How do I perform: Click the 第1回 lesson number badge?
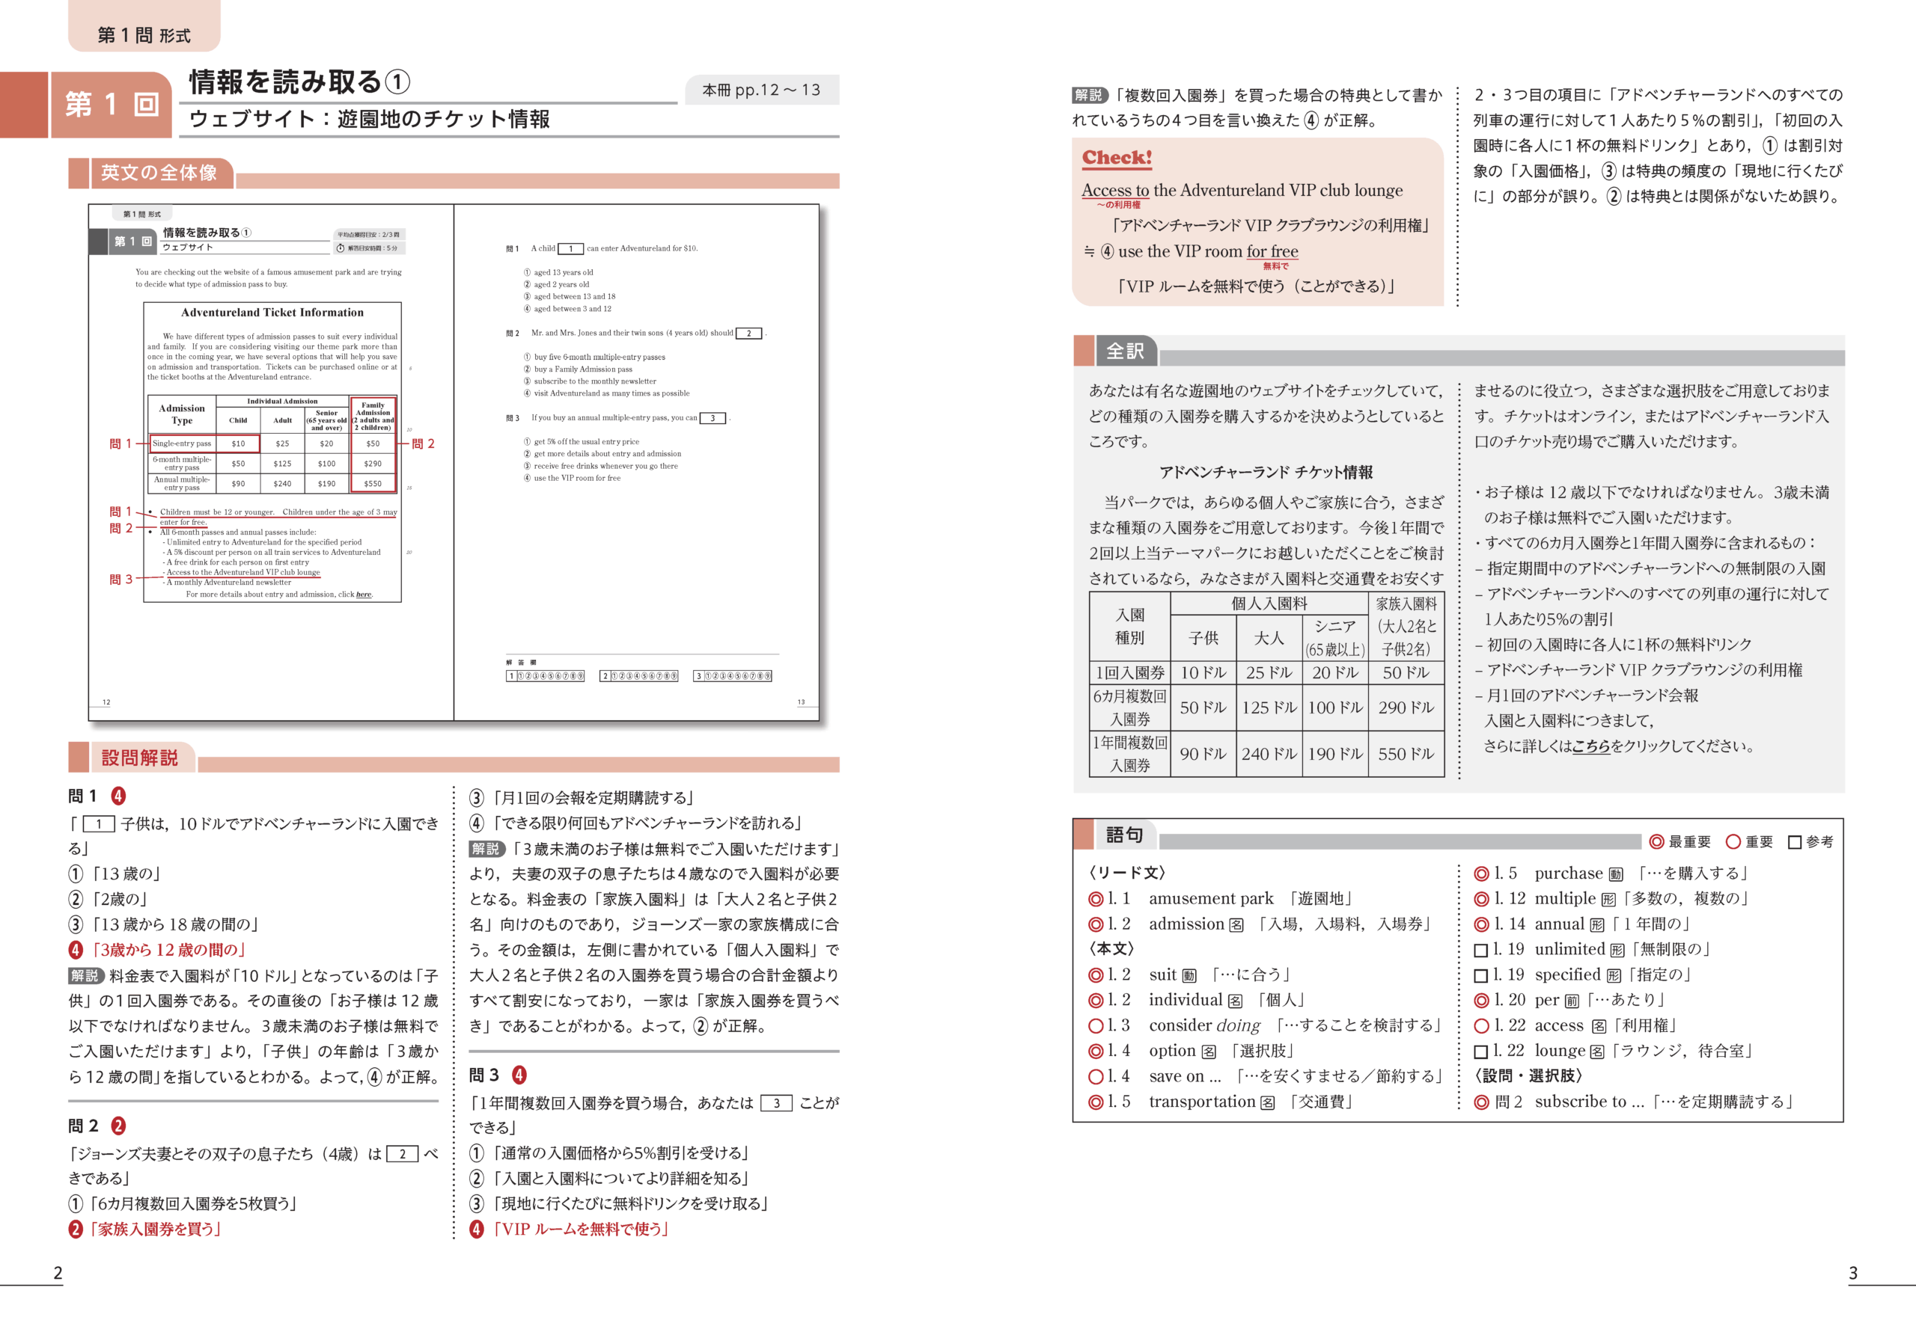(112, 105)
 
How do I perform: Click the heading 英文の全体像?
(159, 173)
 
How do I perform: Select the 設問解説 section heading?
(140, 758)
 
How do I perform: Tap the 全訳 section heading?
(1126, 352)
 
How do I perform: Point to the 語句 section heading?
(1125, 835)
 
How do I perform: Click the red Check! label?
(1117, 157)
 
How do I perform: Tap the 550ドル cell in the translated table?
(1406, 755)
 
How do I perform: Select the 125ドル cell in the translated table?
(1269, 707)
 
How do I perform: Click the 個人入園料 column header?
(1269, 604)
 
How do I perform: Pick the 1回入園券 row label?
(1129, 673)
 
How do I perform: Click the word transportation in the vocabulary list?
(1201, 1102)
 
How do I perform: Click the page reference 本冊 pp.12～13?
(760, 90)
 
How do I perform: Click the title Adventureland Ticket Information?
(272, 313)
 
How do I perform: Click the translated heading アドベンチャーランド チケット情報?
(1265, 472)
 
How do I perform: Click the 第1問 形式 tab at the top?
(144, 35)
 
